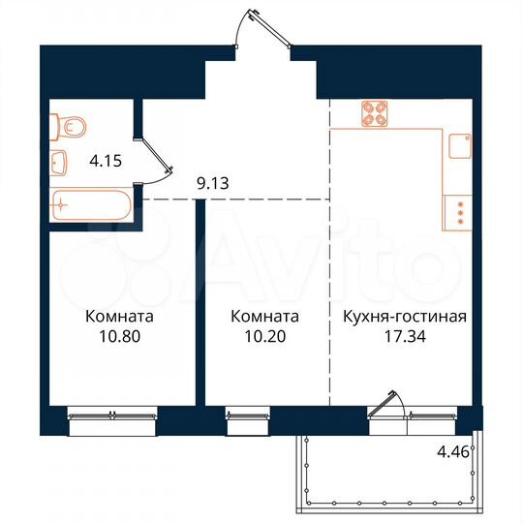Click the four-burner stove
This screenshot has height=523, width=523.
coord(375,115)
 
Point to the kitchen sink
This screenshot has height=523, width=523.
coord(461,144)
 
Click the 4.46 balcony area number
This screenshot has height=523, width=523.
coord(448,449)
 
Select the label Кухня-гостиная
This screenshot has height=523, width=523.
coord(406,318)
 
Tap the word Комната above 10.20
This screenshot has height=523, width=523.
coord(264,318)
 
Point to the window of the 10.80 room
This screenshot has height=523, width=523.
coord(111,415)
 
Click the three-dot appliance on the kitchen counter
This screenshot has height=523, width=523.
coord(462,212)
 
